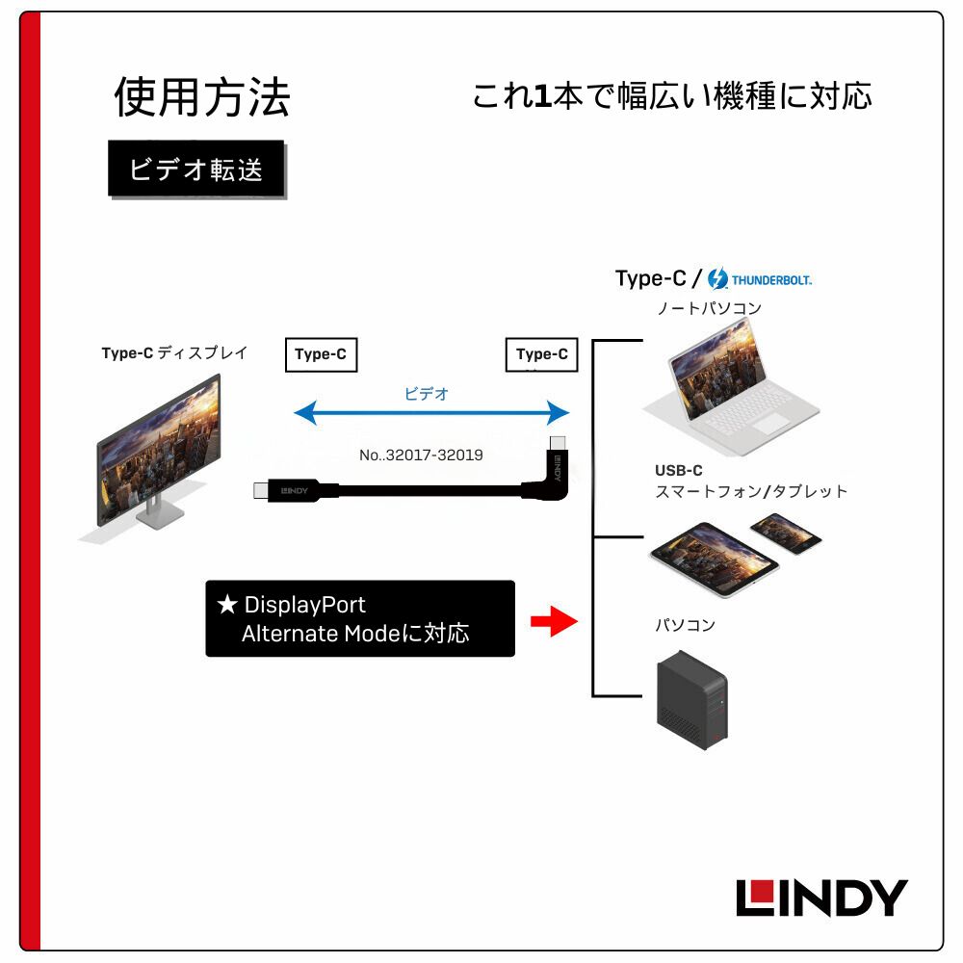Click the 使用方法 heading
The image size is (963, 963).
[202, 97]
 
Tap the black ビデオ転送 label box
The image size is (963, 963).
[196, 169]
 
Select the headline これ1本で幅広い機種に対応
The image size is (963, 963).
[671, 96]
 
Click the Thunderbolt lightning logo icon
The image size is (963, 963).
[717, 279]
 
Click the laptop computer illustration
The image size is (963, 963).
[732, 380]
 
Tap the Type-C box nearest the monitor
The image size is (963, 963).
[321, 354]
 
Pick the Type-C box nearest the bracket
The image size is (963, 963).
[542, 354]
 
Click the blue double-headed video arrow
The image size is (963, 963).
[431, 414]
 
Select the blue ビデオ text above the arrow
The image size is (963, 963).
[427, 393]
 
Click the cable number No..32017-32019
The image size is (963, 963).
[421, 455]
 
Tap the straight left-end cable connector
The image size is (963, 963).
[274, 489]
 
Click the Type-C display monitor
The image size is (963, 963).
[159, 453]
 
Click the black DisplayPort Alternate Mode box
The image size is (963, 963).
[360, 619]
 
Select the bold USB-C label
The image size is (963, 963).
[679, 471]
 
